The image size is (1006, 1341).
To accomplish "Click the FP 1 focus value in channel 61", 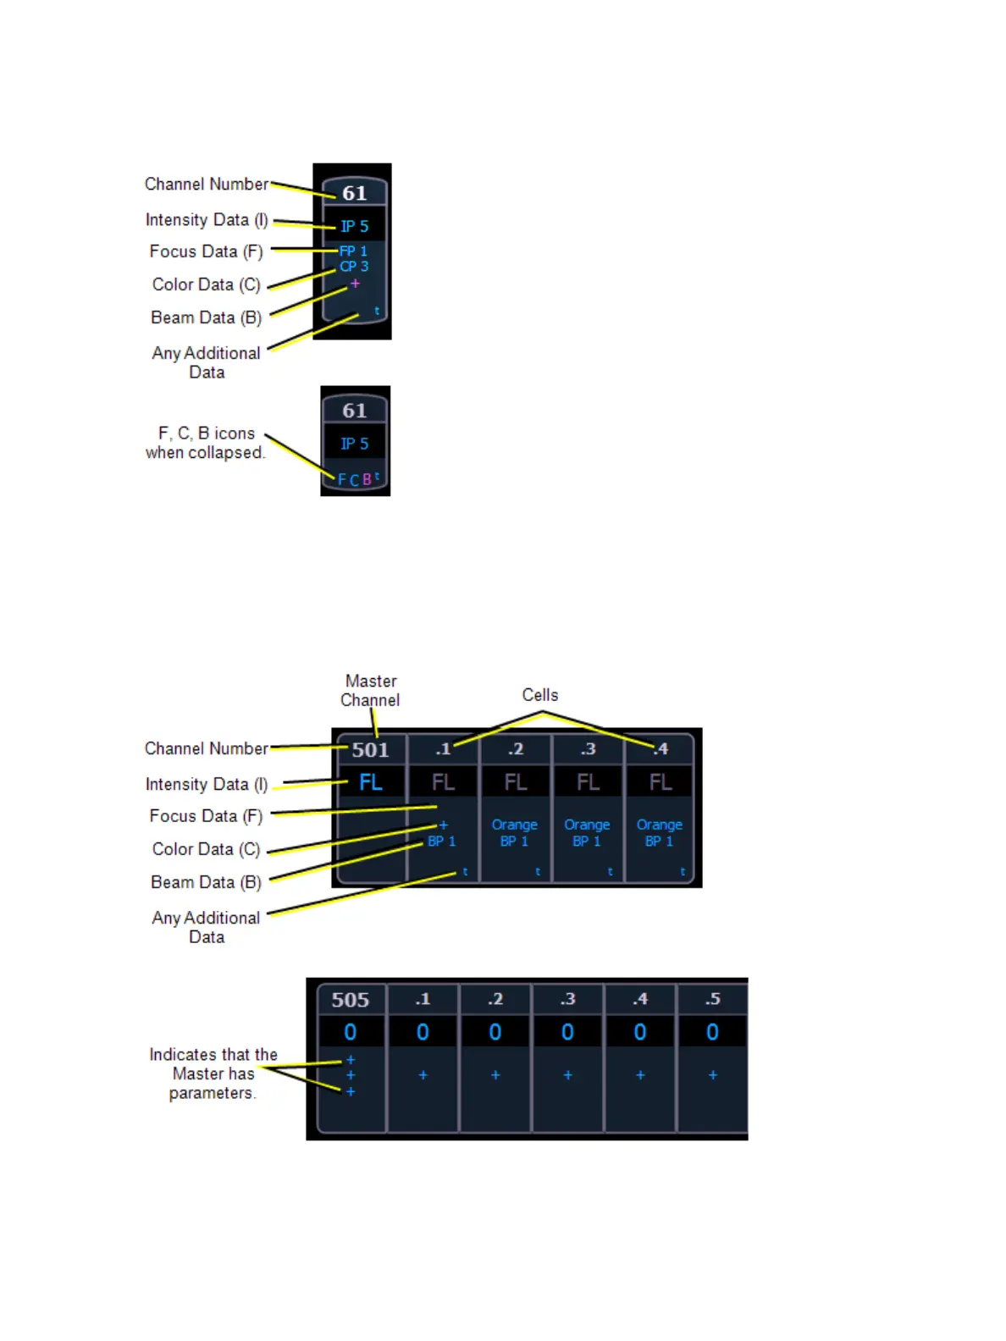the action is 353,251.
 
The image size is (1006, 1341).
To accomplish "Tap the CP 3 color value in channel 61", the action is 354,267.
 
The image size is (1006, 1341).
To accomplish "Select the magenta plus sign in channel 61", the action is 355,284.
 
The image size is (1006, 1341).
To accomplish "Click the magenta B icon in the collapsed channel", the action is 367,479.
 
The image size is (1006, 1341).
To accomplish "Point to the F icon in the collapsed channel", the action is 342,480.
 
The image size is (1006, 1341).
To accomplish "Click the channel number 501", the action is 370,749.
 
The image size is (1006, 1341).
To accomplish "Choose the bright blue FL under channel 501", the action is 370,782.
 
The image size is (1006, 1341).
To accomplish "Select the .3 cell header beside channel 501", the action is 588,749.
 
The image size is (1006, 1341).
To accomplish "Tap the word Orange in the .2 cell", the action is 514,825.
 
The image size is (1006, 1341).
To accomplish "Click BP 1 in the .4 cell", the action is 659,842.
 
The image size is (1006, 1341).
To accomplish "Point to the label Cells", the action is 540,695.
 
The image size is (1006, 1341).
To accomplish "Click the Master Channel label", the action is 370,691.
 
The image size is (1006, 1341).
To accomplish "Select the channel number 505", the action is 351,1000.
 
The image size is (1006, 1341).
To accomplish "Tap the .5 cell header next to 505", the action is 713,1000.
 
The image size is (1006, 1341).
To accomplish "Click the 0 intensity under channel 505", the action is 351,1032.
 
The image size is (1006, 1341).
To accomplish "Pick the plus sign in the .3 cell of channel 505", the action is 567,1075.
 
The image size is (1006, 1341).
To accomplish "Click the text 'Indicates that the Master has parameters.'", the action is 213,1073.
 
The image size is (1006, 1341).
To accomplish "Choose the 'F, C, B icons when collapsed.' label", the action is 206,443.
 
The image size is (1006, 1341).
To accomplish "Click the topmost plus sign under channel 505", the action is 351,1060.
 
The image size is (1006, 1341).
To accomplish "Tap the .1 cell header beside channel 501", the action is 443,749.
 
